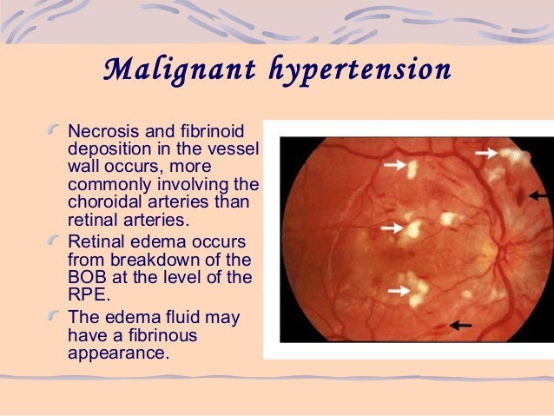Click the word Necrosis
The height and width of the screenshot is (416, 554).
point(102,131)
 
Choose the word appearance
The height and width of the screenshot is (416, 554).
point(112,353)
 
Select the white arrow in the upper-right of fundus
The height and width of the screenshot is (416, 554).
point(486,154)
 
